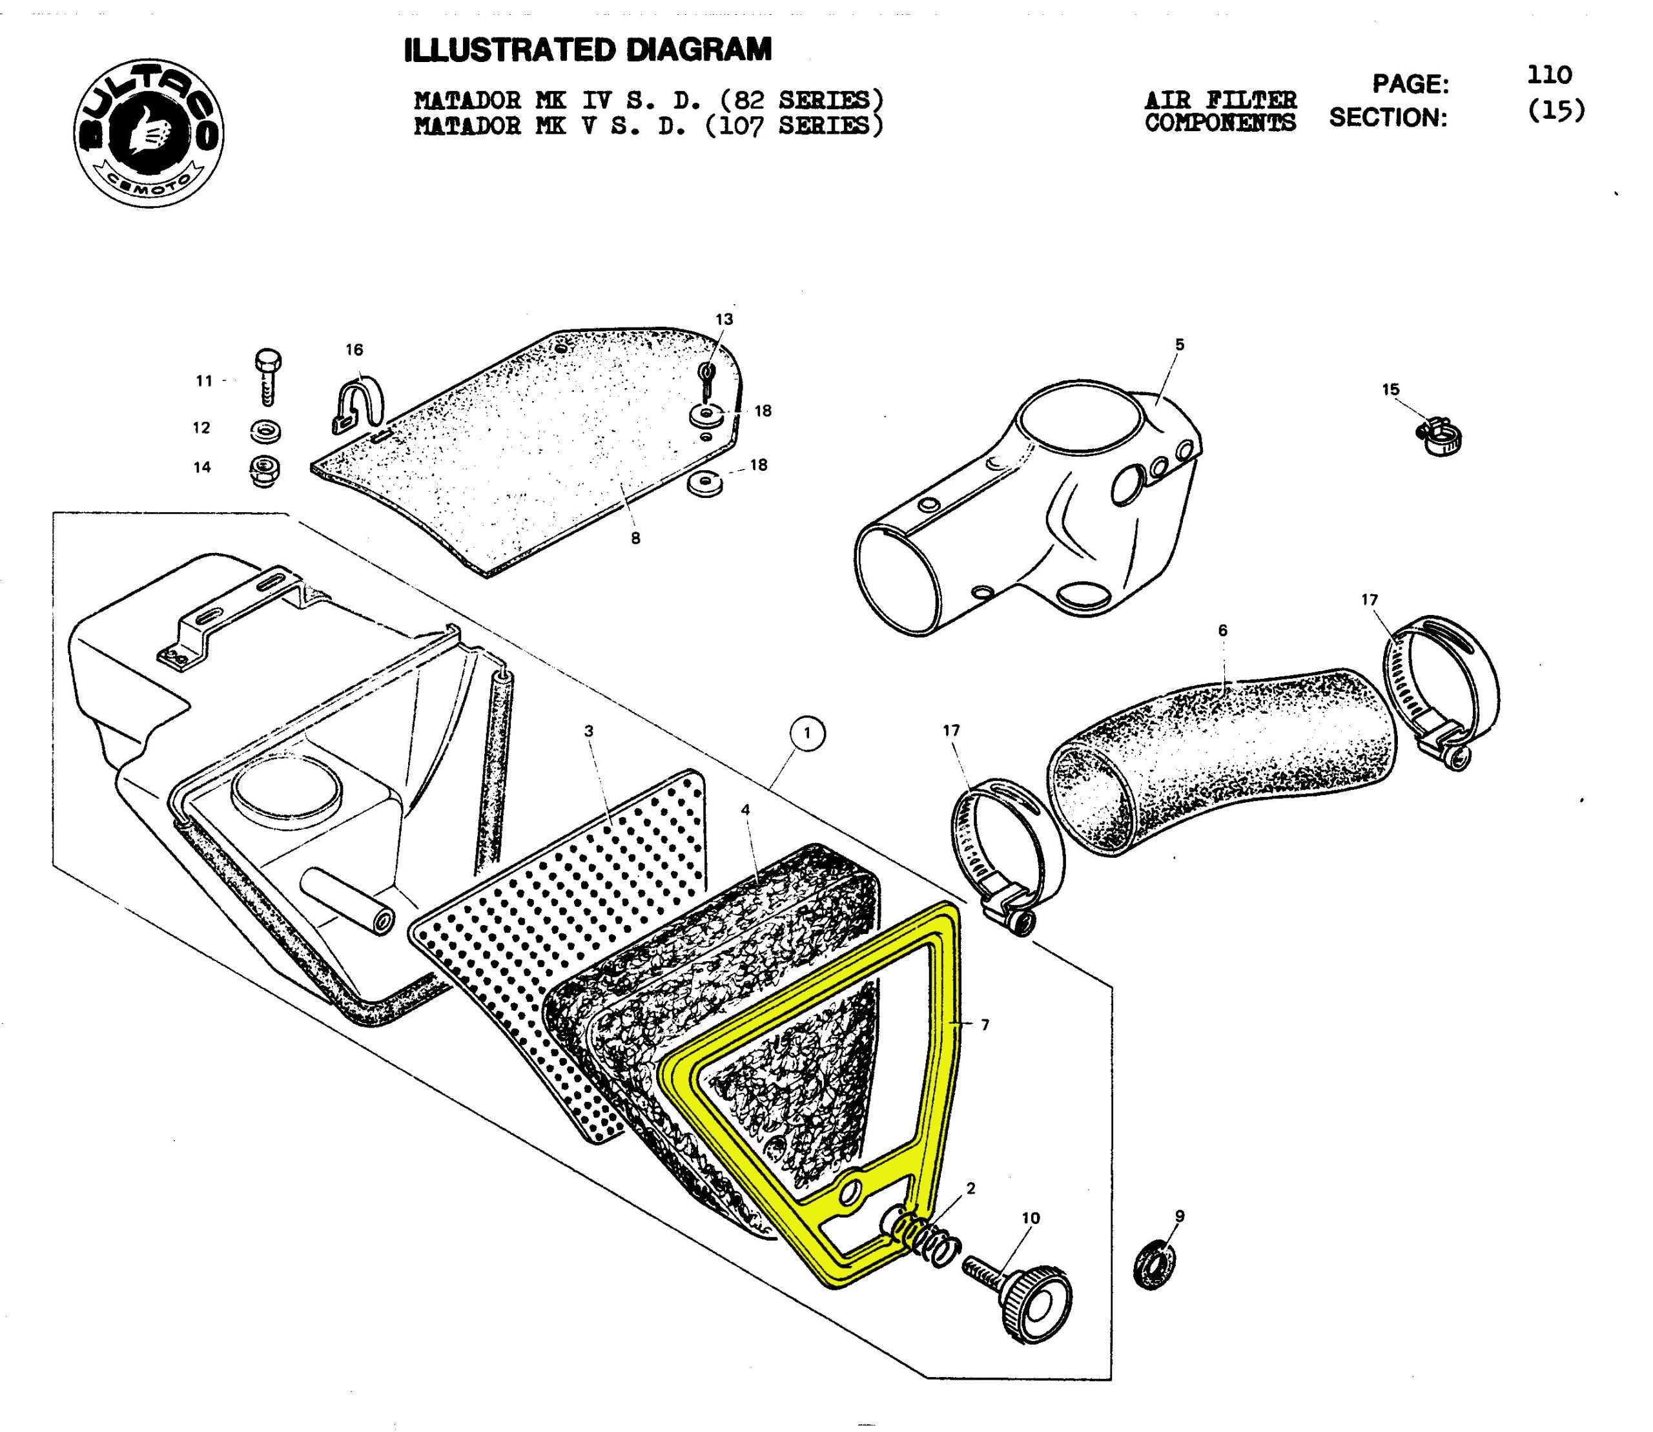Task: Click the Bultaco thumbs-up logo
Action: point(149,132)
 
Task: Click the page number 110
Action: point(1549,75)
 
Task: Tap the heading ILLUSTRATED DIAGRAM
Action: point(588,50)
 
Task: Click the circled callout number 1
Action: point(808,734)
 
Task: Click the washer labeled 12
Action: point(265,431)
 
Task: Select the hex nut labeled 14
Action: point(263,472)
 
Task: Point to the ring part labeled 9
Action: point(1155,1265)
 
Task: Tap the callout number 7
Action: point(985,1024)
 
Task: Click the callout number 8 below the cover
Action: point(635,539)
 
